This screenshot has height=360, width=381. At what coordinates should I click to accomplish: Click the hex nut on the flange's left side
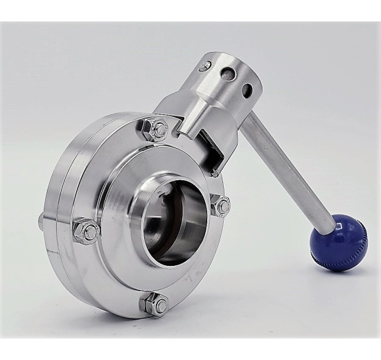pyautogui.click(x=86, y=231)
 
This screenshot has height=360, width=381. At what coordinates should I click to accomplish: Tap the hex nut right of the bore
pyautogui.click(x=222, y=205)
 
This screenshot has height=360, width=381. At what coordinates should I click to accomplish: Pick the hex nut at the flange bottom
pyautogui.click(x=155, y=303)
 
